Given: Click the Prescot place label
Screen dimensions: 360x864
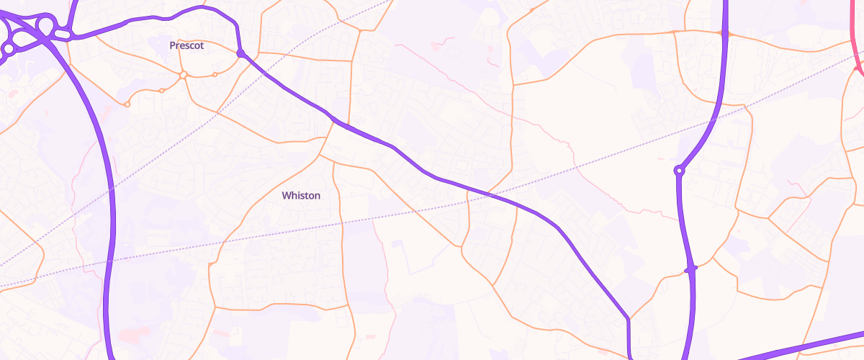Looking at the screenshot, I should point(186,45).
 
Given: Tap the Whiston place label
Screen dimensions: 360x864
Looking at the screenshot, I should point(301,195).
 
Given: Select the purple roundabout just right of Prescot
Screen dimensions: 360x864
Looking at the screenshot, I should point(240,53).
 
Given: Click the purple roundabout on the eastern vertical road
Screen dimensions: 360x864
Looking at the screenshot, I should point(678,171).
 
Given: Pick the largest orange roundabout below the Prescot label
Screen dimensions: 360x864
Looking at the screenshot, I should point(184,75).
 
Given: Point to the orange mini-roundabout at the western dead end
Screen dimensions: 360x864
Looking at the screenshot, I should point(127,104).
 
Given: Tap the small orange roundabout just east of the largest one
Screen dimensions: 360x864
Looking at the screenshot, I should point(215,74).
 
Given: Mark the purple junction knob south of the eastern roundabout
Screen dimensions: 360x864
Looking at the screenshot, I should point(690,269).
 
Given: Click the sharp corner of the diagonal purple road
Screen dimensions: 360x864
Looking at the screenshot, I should point(629,318).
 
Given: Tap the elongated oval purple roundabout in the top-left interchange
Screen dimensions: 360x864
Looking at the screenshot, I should point(62,34).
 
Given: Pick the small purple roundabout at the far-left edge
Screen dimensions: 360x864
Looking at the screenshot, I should point(8,49).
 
